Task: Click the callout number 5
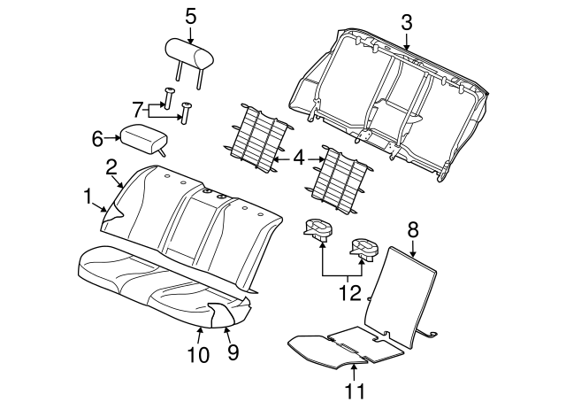191,17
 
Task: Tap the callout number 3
407,22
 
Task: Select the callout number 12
350,293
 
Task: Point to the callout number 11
355,391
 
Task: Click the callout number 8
413,230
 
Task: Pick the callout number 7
138,110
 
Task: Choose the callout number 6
97,139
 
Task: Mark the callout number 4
299,158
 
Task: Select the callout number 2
111,168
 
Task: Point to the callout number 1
88,197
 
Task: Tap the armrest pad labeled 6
143,139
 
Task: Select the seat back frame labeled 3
390,103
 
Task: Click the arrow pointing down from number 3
407,42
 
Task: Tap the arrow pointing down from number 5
191,35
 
